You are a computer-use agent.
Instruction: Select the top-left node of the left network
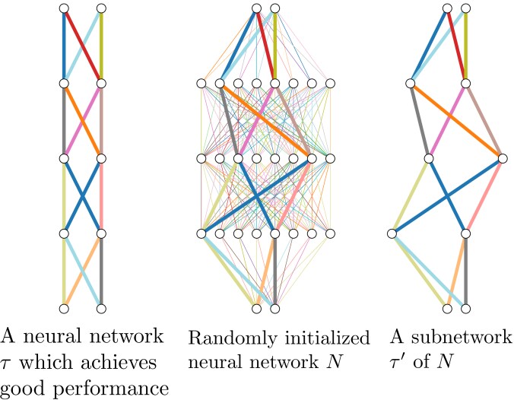point(64,8)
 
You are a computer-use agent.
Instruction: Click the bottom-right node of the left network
point(100,308)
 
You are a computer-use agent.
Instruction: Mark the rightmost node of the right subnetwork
point(502,158)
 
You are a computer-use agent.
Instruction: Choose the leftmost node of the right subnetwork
point(392,233)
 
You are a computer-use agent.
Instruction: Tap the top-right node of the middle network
point(274,8)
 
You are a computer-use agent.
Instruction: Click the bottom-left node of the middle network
point(256,308)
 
